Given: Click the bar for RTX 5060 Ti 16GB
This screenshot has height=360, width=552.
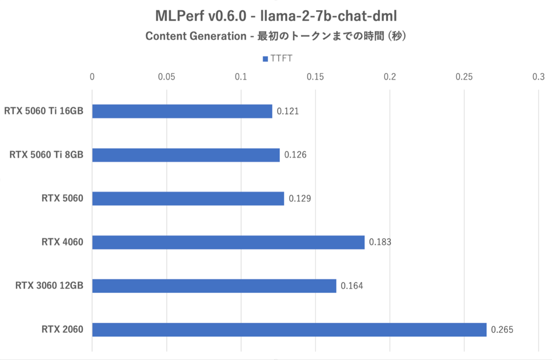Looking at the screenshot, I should click(182, 111).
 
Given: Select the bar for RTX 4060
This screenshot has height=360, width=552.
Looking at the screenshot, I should click(228, 242).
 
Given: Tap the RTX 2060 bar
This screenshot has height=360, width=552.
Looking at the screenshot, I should click(289, 330).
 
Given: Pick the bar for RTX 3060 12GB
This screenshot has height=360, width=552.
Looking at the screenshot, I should click(214, 286).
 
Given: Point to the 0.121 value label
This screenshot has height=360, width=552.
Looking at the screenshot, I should click(288, 111).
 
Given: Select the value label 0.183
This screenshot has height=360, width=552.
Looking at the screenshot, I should click(380, 242).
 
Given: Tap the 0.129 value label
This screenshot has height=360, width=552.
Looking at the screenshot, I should click(300, 199).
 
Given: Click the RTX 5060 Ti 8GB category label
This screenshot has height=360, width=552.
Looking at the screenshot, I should click(46, 155).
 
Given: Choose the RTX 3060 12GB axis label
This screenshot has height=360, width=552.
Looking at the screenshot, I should click(49, 286).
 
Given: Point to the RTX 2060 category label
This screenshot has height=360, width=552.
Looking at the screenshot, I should click(63, 330).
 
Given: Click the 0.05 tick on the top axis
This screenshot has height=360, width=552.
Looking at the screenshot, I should click(167, 76).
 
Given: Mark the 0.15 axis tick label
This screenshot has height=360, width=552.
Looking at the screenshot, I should click(316, 76).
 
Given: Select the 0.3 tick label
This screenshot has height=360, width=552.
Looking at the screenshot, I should click(539, 76).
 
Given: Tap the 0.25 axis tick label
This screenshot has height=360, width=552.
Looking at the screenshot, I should click(464, 76).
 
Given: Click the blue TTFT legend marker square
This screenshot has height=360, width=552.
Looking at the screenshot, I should click(265, 59).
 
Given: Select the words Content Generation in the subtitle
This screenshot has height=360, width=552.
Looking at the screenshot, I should click(196, 37).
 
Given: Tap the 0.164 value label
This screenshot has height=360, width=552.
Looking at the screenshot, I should click(352, 286).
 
